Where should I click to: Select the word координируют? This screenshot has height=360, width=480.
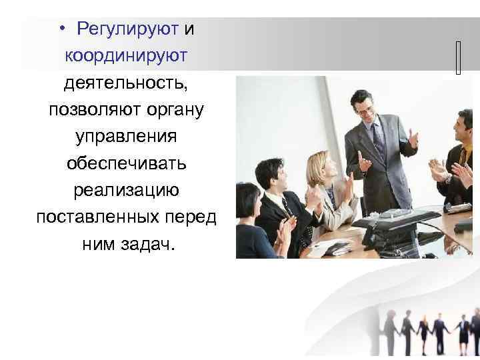pyautogui.click(x=126, y=56)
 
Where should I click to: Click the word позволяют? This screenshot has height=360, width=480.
pyautogui.click(x=84, y=109)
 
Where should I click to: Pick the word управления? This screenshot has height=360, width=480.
pyautogui.click(x=126, y=136)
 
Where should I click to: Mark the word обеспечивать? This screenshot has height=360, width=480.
pyautogui.click(x=126, y=163)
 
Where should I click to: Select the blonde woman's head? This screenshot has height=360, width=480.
pyautogui.click(x=318, y=165)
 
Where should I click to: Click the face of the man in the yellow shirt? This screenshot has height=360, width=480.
pyautogui.click(x=463, y=126)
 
